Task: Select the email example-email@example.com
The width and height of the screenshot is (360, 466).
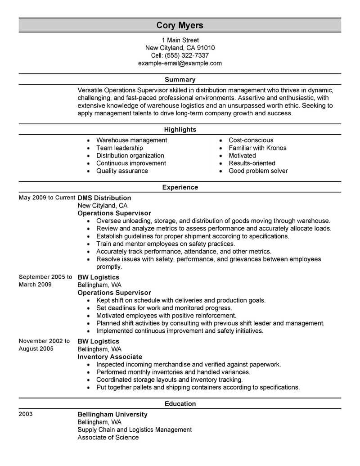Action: tap(180, 63)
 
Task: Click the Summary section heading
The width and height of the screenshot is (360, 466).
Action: tap(180, 80)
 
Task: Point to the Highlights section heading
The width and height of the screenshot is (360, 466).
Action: tap(180, 130)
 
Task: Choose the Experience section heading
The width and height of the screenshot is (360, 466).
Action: tap(180, 187)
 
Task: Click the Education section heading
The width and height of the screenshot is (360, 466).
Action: tap(180, 404)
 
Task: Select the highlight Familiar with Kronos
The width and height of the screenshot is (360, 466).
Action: tap(257, 148)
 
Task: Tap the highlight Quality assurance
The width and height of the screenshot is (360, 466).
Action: tap(122, 171)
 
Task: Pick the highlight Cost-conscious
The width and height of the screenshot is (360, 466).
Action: tap(251, 140)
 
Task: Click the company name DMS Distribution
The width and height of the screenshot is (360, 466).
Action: tap(104, 198)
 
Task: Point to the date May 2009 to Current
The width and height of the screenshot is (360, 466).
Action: tap(47, 198)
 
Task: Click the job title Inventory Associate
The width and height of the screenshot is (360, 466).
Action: tap(110, 357)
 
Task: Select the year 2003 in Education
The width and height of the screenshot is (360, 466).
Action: tap(26, 414)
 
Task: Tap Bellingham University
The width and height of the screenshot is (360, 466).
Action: tap(112, 414)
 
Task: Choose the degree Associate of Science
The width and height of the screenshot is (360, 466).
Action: tap(108, 437)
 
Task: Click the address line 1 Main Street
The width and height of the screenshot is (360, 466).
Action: tap(180, 40)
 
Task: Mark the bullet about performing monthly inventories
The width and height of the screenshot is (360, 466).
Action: tap(173, 372)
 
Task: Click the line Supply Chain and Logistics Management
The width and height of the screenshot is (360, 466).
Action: tap(135, 430)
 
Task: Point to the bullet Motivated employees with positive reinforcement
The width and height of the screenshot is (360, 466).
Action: tap(166, 316)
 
